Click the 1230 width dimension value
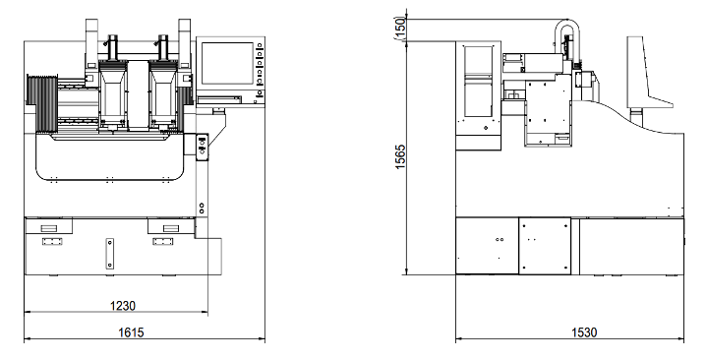click(x=123, y=306)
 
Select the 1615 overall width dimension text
click(x=131, y=332)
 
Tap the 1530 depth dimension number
click(x=584, y=332)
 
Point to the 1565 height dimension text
click(x=400, y=156)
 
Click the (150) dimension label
click(x=400, y=28)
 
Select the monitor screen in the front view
click(x=227, y=63)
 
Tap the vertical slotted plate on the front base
click(x=110, y=254)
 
